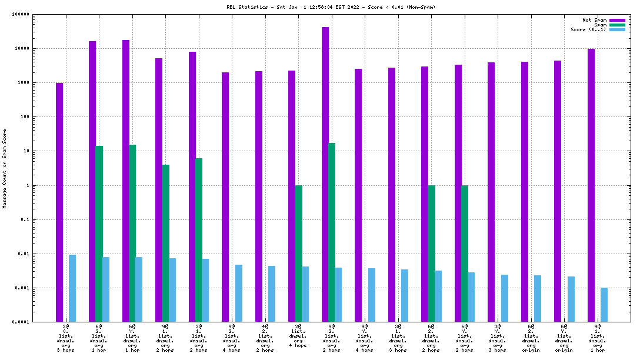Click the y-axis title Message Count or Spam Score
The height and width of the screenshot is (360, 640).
pyautogui.click(x=5, y=169)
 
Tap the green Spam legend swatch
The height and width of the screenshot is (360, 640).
pyautogui.click(x=617, y=25)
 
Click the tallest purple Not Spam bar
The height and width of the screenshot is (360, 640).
pyautogui.click(x=325, y=174)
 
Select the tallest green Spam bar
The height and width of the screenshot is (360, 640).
pyautogui.click(x=332, y=232)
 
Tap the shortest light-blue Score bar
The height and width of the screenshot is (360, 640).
pyautogui.click(x=604, y=305)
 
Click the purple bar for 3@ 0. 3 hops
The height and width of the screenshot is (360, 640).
pyautogui.click(x=59, y=202)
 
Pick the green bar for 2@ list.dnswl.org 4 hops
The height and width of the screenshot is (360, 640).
pyautogui.click(x=299, y=254)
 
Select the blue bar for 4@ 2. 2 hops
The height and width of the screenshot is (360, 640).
pyautogui.click(x=272, y=294)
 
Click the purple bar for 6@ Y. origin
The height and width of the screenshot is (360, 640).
pyautogui.click(x=558, y=191)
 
